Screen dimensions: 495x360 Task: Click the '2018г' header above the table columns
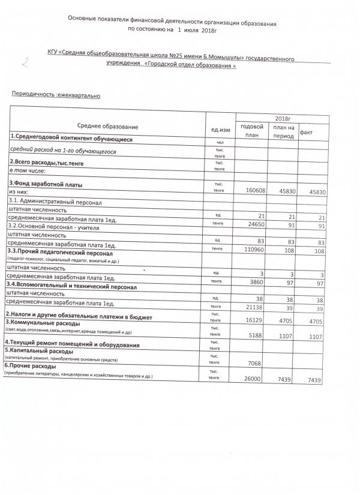pos(282,119)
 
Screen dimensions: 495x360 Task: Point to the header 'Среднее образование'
pos(108,127)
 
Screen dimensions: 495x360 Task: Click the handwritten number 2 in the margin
pos(25,61)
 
